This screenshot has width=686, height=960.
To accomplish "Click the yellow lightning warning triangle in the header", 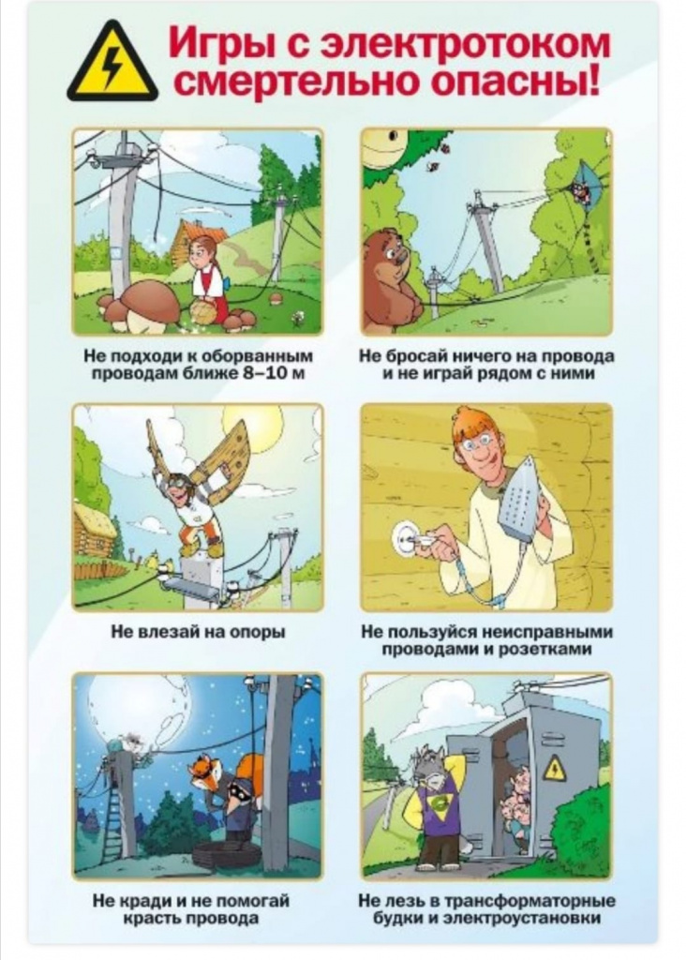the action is (112, 64).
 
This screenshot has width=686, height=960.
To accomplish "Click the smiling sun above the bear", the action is (384, 149).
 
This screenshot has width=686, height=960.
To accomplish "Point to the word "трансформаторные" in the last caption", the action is (529, 901).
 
